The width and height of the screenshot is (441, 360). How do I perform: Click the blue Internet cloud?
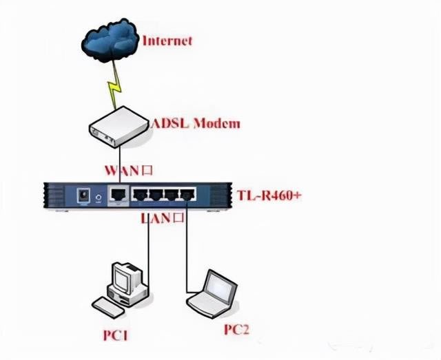point(109,41)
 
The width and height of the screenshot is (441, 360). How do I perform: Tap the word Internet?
point(167,40)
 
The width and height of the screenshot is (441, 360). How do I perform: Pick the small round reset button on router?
point(101,197)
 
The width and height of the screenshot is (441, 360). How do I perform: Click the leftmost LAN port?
point(140,195)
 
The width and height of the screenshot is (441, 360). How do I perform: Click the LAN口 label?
point(163,220)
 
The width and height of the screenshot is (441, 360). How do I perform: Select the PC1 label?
point(116,336)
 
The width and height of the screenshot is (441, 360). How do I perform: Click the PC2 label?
point(236,330)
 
